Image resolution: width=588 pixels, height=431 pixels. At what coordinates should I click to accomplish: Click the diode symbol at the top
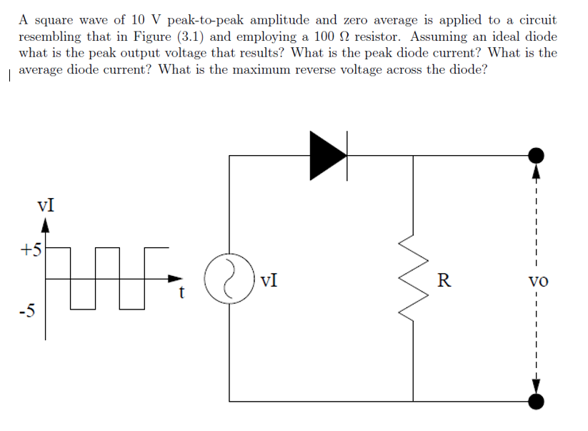[328, 154]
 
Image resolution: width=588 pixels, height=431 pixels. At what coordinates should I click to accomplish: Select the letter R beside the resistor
[444, 279]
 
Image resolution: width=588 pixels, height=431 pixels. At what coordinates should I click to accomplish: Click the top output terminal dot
[537, 155]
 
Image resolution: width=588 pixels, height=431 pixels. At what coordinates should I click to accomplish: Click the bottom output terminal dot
[537, 402]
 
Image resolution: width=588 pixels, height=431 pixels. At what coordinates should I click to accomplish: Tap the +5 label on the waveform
[31, 249]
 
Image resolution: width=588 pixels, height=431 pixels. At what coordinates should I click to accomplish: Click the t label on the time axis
[183, 292]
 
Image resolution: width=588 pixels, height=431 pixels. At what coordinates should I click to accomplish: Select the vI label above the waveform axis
[46, 205]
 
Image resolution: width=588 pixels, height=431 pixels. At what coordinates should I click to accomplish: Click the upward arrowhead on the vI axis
[46, 226]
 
